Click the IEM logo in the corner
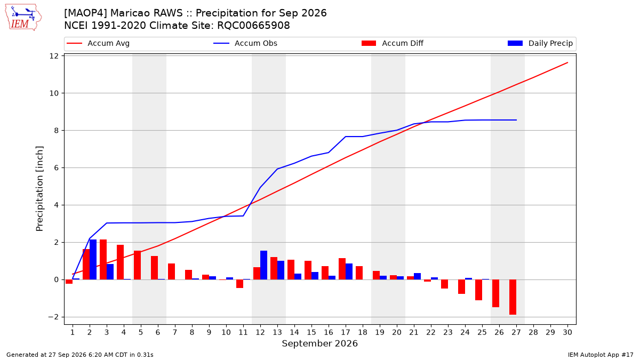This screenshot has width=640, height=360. tap(23, 18)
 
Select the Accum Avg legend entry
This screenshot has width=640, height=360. tap(98, 43)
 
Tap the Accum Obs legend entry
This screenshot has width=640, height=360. tap(245, 43)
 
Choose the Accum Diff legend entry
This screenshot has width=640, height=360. tap(393, 43)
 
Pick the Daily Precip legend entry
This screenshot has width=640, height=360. tap(540, 43)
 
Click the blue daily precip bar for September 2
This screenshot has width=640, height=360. tap(93, 259)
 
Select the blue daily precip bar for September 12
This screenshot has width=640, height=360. tap(263, 265)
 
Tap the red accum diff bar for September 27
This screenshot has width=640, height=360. tap(513, 297)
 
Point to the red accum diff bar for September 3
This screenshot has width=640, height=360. tap(103, 259)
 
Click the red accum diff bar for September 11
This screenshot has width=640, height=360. tap(239, 284)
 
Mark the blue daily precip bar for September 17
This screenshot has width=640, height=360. tap(349, 271)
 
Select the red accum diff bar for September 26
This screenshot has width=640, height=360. tap(495, 293)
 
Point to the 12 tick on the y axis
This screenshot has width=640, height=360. tap(54, 56)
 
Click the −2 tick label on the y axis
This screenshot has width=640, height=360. tap(53, 317)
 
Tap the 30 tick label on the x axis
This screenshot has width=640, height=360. tap(567, 332)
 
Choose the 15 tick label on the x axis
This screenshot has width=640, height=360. tap(311, 332)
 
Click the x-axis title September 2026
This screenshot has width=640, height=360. tap(319, 343)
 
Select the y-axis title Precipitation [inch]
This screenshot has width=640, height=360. tap(39, 189)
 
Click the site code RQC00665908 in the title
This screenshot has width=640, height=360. tap(253, 26)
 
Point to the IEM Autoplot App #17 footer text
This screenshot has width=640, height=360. tap(601, 355)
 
